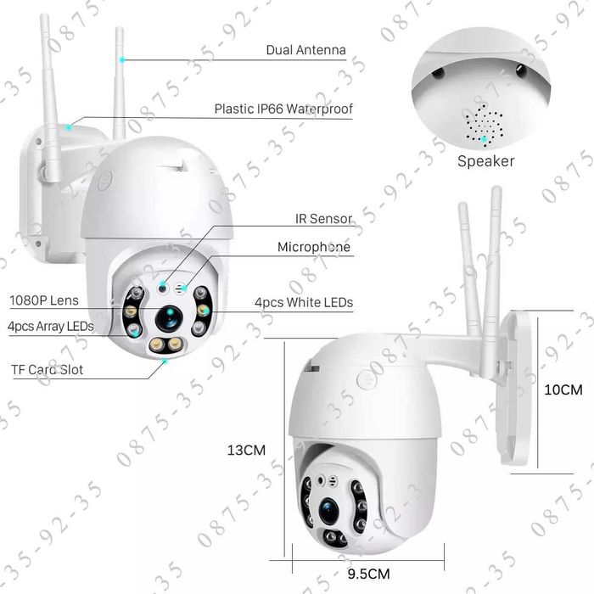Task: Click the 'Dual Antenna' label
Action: [x=305, y=50]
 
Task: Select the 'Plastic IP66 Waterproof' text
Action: [x=283, y=109]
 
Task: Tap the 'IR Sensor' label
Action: [x=322, y=219]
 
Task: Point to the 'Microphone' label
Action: [x=314, y=247]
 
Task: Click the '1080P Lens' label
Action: [x=44, y=300]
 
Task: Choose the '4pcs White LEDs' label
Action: [x=303, y=302]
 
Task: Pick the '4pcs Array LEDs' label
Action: [x=50, y=326]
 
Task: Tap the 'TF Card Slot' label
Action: [x=47, y=370]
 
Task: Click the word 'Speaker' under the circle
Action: [x=486, y=160]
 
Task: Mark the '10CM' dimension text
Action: [x=563, y=390]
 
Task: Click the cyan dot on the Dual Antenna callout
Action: [x=123, y=59]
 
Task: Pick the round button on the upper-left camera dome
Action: [x=106, y=180]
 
